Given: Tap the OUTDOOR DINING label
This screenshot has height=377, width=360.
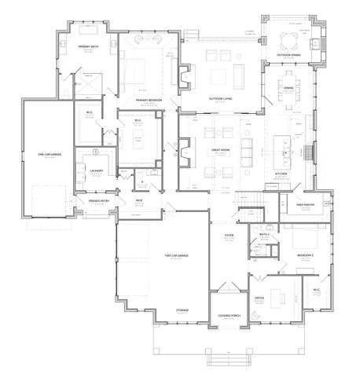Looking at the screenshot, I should click(289, 55).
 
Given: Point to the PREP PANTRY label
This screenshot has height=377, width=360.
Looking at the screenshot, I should click(305, 205).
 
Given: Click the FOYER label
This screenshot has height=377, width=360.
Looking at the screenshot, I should click(230, 235).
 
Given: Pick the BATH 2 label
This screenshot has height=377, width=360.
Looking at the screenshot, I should click(264, 235).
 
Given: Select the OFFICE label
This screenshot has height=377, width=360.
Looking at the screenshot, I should click(259, 298).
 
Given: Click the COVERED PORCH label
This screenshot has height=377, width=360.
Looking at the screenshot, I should click(229, 316).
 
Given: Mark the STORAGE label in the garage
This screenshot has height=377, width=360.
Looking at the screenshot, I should click(182, 311).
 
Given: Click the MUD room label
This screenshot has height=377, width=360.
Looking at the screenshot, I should click(139, 200).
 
